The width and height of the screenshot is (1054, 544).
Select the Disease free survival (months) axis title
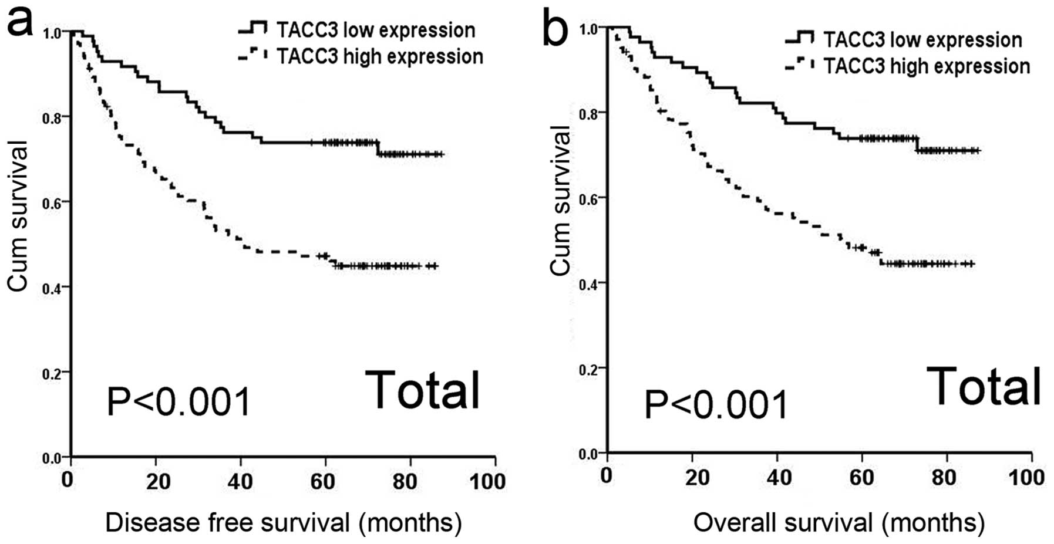pyautogui.click(x=283, y=522)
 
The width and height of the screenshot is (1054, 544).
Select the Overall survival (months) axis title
pyautogui.click(x=839, y=522)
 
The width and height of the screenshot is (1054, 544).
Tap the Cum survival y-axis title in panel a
pyautogui.click(x=18, y=215)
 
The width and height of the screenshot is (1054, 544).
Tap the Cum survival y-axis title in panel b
pyautogui.click(x=560, y=201)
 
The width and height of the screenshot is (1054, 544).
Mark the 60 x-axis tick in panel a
pyautogui.click(x=323, y=482)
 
